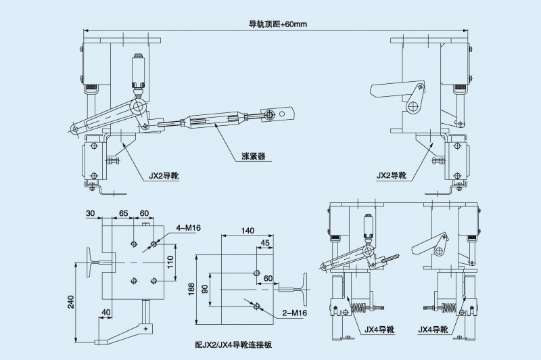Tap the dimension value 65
coord(124,212)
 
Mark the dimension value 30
coord(91,212)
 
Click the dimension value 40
coord(106,312)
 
